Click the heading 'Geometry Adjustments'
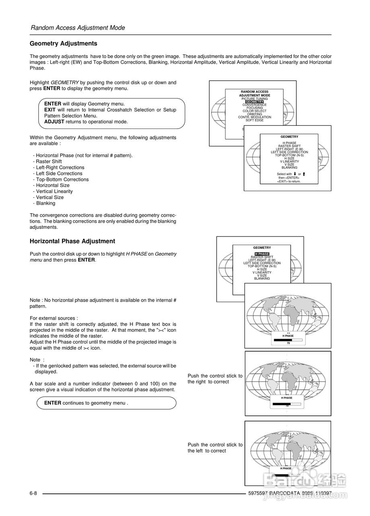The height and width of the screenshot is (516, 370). coord(64,44)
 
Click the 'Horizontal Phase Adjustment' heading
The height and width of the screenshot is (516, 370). coord(72,241)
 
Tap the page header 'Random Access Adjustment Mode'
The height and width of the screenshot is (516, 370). coord(78,28)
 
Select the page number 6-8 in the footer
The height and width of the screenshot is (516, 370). coord(33,493)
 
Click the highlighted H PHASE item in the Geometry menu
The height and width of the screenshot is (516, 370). coord(262,254)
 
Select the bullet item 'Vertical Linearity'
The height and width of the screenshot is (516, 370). coord(54,191)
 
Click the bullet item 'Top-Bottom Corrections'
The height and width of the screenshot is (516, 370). coord(62,179)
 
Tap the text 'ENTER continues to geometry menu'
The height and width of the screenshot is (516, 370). coord(86,403)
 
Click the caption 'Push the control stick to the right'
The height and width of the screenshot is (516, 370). coord(215,379)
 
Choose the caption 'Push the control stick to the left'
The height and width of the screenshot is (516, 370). coord(215,447)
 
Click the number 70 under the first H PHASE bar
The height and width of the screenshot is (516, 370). coord(288,343)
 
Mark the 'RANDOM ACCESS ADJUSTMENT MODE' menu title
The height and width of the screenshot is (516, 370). coord(254,94)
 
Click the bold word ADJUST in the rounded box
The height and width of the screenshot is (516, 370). coord(54,122)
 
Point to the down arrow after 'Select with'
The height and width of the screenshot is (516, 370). coord(295,174)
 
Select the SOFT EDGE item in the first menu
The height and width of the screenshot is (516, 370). coord(254,120)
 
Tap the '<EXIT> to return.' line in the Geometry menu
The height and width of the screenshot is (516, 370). coord(289,181)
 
